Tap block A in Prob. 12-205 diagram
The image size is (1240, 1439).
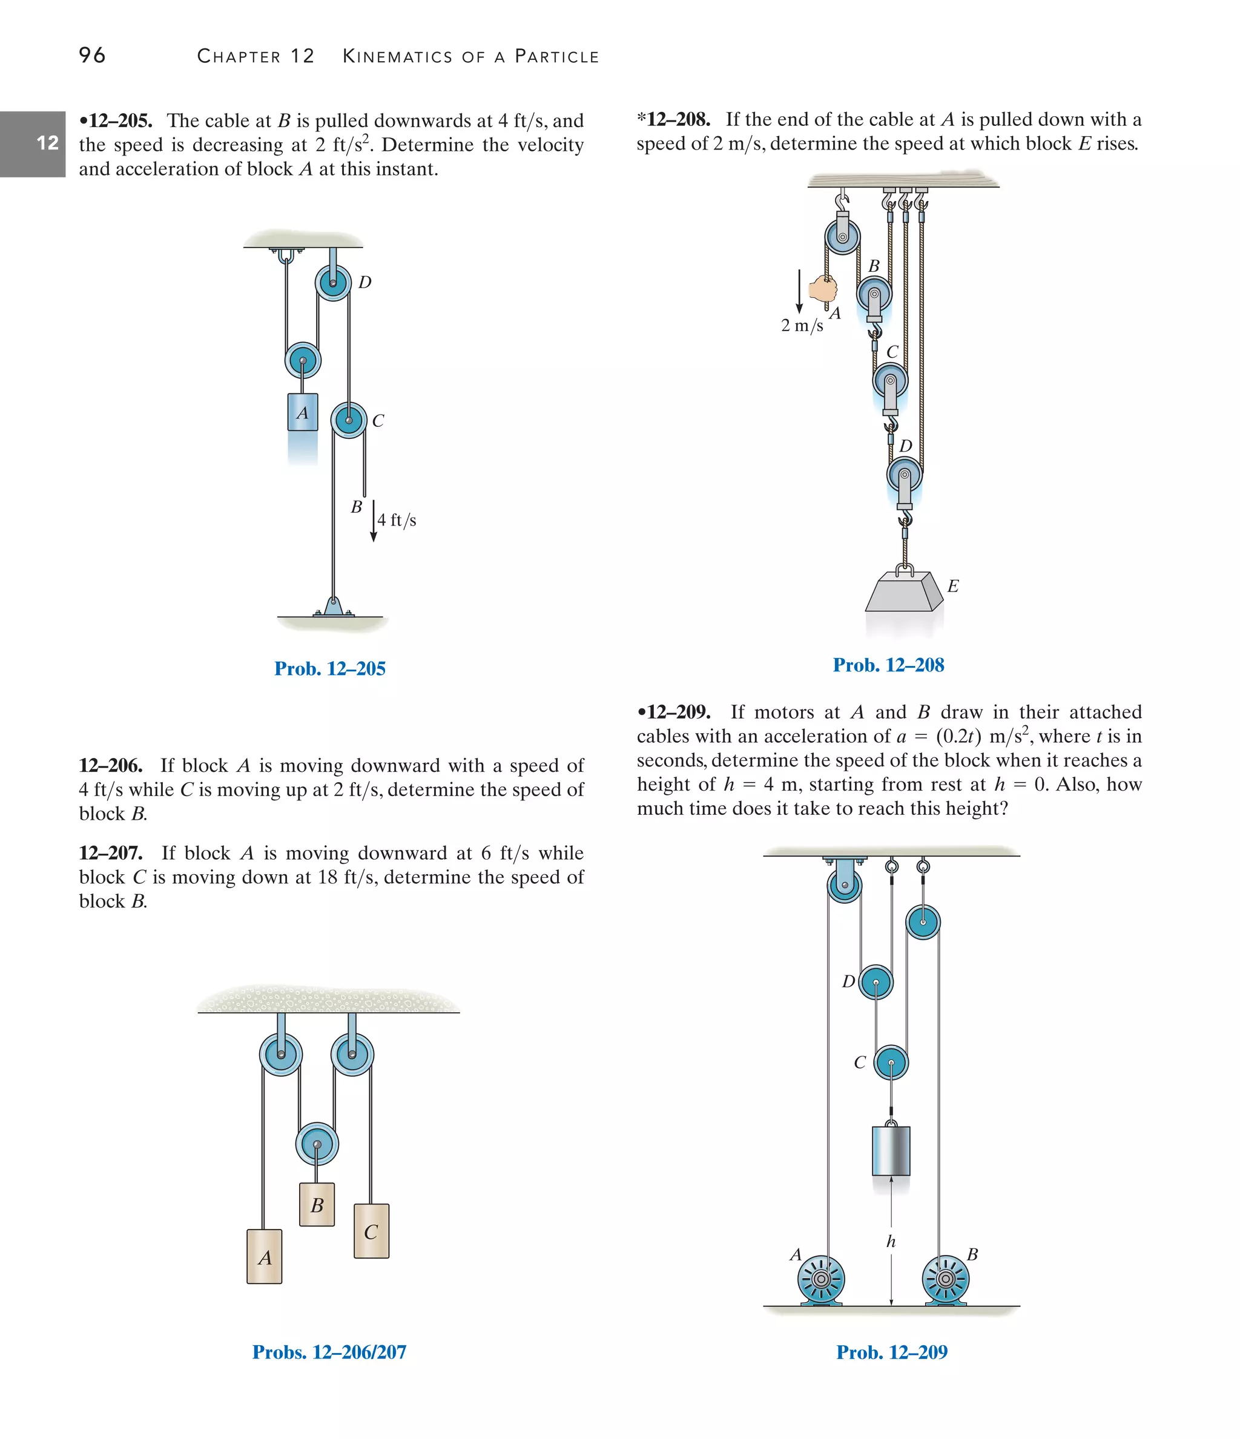click(303, 412)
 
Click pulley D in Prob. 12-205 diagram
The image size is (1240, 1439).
click(333, 283)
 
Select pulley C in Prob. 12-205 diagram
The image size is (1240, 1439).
click(348, 420)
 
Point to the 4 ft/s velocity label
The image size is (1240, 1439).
click(397, 520)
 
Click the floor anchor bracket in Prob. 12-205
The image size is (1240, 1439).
click(334, 607)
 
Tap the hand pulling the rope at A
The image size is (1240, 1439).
click(824, 288)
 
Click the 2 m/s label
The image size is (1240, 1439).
click(802, 325)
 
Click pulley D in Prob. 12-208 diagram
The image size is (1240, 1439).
click(905, 476)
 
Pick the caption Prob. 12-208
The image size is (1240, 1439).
click(888, 665)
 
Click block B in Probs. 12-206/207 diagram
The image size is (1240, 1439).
click(317, 1205)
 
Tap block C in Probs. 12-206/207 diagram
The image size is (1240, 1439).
click(371, 1231)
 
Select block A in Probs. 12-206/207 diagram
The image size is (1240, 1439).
click(265, 1257)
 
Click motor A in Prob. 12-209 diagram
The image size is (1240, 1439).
click(820, 1279)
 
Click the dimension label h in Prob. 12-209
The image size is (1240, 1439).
click(891, 1241)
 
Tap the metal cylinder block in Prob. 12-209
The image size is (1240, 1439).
click(891, 1151)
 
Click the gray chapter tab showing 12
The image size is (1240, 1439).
click(33, 143)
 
